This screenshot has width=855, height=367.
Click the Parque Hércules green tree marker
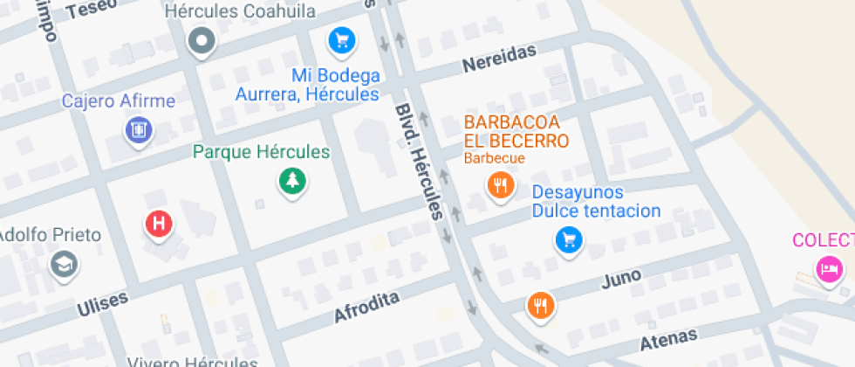[292, 182]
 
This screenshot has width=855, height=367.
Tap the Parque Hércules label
[262, 152]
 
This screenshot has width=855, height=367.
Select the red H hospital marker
[159, 224]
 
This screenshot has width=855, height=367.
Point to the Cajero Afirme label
[118, 101]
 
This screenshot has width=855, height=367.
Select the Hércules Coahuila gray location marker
[202, 40]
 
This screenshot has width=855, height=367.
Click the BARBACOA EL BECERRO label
[516, 132]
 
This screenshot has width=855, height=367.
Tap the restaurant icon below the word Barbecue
[500, 185]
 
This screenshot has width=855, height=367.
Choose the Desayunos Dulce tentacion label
[597, 202]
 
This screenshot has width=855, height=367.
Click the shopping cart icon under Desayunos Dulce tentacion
[569, 239]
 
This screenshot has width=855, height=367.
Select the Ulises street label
[102, 303]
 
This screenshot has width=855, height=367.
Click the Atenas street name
[669, 336]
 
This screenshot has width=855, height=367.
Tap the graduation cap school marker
[64, 264]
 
